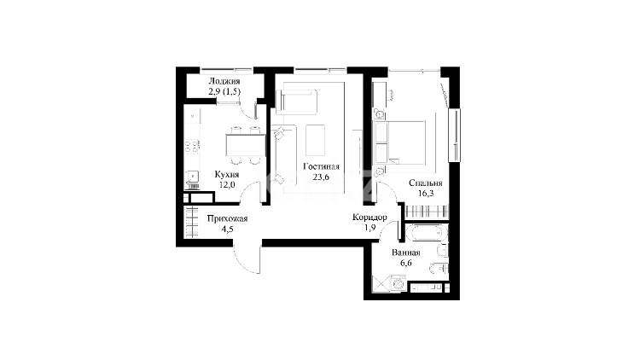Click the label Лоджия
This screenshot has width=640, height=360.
pyautogui.click(x=224, y=81)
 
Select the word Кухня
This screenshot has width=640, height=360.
pyautogui.click(x=227, y=175)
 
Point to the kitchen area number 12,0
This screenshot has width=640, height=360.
pyautogui.click(x=227, y=184)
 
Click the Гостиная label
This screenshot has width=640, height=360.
pyautogui.click(x=321, y=166)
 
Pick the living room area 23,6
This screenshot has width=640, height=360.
pyautogui.click(x=321, y=177)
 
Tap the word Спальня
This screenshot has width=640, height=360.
pyautogui.click(x=425, y=183)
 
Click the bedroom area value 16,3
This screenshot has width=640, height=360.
pyautogui.click(x=425, y=194)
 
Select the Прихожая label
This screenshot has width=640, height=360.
pyautogui.click(x=227, y=218)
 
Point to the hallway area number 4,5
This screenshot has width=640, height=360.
pyautogui.click(x=227, y=229)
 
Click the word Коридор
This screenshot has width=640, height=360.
pyautogui.click(x=369, y=218)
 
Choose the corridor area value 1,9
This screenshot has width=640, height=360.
pyautogui.click(x=369, y=228)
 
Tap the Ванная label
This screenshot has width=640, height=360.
pyautogui.click(x=405, y=253)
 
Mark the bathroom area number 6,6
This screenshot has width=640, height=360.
pyautogui.click(x=405, y=264)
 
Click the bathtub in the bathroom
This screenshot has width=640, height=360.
pyautogui.click(x=426, y=233)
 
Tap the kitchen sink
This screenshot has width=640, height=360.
pyautogui.click(x=192, y=177)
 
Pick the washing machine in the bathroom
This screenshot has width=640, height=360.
pyautogui.click(x=398, y=283)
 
